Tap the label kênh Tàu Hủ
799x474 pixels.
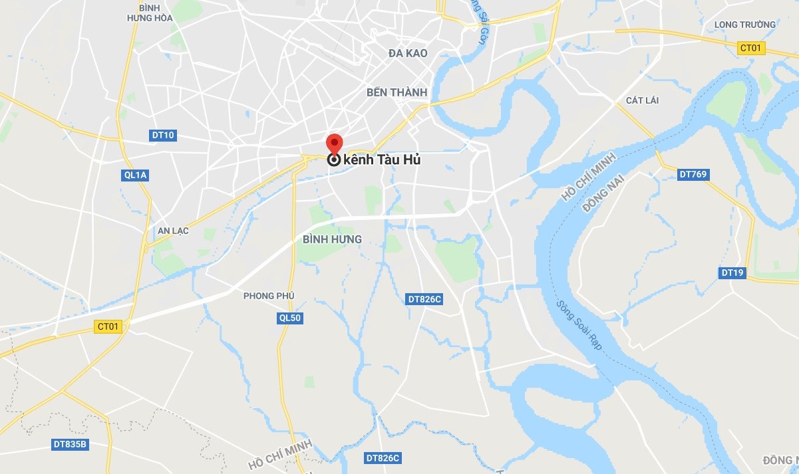click(383, 160)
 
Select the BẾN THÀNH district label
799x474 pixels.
click(397, 92)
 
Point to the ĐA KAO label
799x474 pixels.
click(408, 53)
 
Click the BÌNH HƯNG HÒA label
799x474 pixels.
click(150, 13)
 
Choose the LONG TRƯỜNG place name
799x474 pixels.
click(744, 25)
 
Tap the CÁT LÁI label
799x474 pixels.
click(642, 100)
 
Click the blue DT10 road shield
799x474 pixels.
click(163, 136)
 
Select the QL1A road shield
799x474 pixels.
click(135, 175)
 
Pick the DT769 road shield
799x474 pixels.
click(693, 175)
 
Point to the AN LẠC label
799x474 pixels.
click(173, 231)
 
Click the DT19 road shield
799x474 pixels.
click(732, 273)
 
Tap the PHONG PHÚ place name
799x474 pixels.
click(269, 296)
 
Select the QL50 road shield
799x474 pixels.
click(290, 318)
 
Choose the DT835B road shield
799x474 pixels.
click(69, 444)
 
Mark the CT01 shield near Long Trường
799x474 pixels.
click(752, 48)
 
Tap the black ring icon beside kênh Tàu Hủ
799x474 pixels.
click(334, 160)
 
